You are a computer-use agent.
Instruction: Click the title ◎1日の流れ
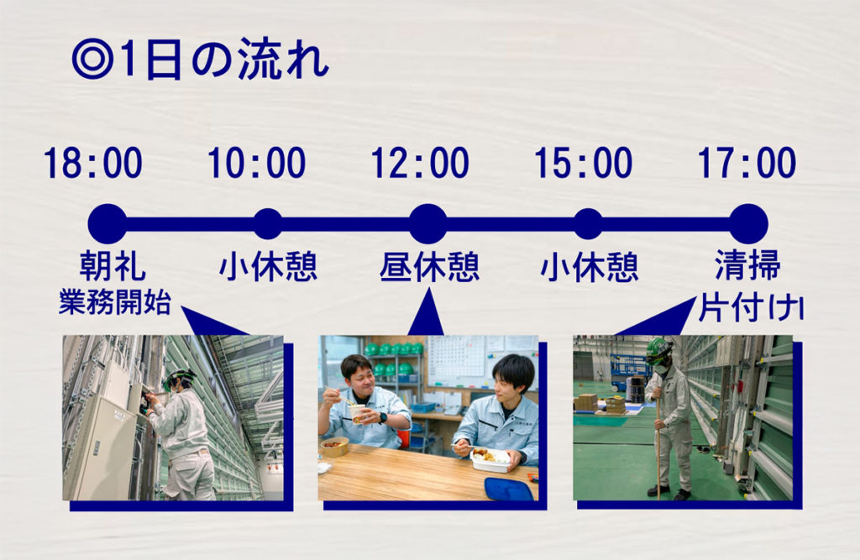(200, 60)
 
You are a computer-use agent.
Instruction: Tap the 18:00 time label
(92, 163)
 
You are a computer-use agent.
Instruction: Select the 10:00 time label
(256, 163)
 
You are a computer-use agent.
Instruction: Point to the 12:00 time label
(420, 163)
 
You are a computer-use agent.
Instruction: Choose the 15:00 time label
(583, 163)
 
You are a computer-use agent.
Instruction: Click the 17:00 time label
(747, 163)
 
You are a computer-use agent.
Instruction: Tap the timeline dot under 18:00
(107, 224)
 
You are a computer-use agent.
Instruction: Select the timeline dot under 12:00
(428, 224)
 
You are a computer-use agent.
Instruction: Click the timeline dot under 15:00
(589, 224)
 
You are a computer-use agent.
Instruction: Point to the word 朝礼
(113, 266)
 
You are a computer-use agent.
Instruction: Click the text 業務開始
(115, 301)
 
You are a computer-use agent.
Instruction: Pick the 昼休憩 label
(429, 267)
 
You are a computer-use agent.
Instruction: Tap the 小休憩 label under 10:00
(268, 267)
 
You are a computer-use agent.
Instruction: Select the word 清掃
(747, 265)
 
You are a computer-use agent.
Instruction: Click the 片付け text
(750, 308)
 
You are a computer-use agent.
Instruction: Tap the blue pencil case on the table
(508, 489)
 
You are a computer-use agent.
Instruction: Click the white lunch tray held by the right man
(490, 461)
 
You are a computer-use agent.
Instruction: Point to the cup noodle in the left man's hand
(358, 414)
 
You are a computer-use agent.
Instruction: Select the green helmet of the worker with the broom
(658, 349)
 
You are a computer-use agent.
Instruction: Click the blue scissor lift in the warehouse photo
(629, 372)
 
